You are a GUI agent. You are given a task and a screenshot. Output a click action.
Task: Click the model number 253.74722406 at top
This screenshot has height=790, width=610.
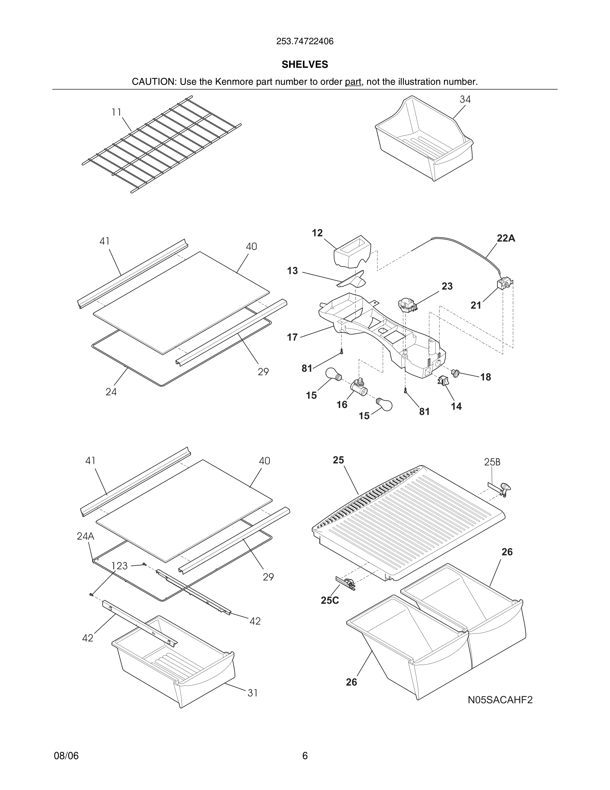[305, 42]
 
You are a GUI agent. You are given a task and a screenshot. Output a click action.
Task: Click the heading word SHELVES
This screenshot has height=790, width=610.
[305, 65]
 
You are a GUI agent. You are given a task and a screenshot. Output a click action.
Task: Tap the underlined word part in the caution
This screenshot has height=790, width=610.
[353, 82]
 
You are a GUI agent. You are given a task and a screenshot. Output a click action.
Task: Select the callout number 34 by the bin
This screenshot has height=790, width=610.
[465, 99]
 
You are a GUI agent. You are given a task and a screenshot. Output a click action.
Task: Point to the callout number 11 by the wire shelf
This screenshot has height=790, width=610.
[116, 112]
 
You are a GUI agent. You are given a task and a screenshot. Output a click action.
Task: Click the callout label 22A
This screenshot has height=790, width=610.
[506, 238]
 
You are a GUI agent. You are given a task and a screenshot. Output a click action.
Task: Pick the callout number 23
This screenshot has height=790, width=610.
[447, 286]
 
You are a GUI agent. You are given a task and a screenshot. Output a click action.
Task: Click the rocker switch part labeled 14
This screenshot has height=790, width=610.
[443, 380]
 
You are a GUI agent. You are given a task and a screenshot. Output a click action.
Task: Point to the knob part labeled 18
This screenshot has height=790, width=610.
[455, 373]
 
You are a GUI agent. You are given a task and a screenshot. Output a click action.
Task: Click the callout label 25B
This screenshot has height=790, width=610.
[492, 462]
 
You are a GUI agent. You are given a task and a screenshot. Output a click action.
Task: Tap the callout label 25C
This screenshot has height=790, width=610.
[330, 600]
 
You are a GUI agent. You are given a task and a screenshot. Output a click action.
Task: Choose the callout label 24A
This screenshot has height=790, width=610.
[86, 536]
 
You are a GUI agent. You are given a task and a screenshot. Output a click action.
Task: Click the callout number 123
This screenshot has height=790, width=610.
[119, 566]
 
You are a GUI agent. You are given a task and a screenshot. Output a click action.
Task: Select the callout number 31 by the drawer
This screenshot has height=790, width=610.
[253, 693]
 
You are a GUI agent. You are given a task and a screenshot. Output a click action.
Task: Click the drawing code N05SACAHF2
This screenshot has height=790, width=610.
[500, 700]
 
